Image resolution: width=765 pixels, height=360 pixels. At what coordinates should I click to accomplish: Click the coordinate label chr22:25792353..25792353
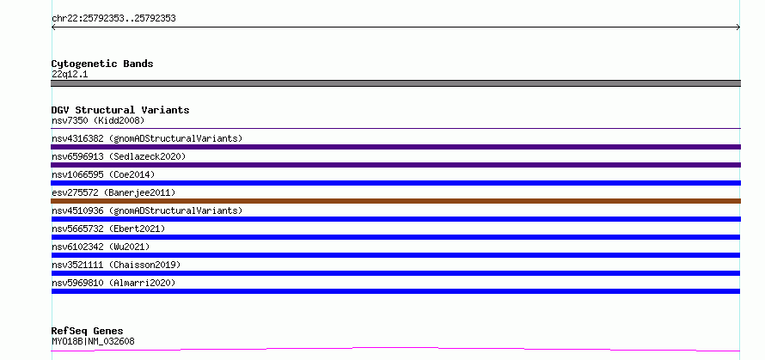point(113,19)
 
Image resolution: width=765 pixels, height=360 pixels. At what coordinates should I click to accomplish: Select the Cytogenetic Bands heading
point(102,64)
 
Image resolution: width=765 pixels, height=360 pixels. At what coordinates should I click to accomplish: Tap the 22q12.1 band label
point(70,75)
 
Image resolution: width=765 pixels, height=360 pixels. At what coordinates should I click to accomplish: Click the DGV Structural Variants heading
point(120,110)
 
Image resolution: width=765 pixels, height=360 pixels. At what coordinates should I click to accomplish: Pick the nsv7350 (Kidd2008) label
point(98,120)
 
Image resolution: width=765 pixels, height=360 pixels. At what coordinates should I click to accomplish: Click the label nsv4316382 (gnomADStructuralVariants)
point(147,138)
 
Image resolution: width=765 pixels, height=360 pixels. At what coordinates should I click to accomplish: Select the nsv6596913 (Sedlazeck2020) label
point(119,156)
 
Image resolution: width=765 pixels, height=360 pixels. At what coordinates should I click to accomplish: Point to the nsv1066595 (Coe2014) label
point(103,174)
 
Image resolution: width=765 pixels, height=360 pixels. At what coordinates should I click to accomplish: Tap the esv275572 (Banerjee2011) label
point(113,192)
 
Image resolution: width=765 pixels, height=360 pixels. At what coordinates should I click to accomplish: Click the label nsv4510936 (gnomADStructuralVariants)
point(147,211)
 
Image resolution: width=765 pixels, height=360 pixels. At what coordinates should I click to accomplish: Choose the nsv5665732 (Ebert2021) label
point(108,229)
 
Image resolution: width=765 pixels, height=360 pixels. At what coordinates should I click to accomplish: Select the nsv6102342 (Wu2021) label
point(101,247)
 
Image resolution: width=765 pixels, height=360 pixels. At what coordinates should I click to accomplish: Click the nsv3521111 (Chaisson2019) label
point(116,265)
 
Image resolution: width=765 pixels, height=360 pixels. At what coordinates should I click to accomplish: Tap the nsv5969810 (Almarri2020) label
point(113,283)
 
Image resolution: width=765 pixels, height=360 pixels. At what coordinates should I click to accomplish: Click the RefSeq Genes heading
point(88,332)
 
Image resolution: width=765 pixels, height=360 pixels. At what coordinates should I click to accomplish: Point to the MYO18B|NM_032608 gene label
point(93,341)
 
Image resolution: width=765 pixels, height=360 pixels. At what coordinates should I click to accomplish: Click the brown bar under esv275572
point(395,201)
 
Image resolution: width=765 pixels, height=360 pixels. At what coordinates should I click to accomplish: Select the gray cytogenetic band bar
point(395,83)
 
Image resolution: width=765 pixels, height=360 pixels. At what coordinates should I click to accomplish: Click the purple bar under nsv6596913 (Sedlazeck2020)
point(395,165)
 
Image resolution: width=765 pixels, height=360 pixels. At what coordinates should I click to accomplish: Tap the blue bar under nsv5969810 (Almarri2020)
point(395,291)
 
